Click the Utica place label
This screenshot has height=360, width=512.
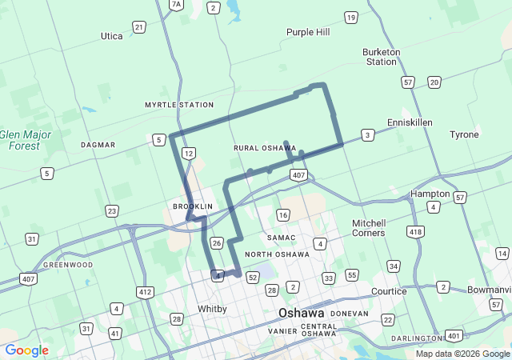pos(112,36)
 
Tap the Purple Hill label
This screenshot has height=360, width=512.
pos(308,32)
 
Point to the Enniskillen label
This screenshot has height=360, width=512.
pos(410,122)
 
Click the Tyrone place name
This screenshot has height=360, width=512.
pos(464,134)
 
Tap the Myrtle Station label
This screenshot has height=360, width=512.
pos(179,105)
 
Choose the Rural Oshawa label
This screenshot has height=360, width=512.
pos(265,148)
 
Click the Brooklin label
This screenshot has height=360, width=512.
pos(193,206)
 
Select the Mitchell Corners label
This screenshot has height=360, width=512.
pos(368,228)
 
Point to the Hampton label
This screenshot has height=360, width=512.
pos(430,194)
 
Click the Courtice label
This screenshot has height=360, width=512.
pos(389,291)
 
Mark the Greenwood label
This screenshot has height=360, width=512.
pos(68,265)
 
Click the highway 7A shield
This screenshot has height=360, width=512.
pos(177,5)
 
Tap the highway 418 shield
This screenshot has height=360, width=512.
pos(416,232)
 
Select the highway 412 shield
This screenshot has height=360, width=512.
pos(145,292)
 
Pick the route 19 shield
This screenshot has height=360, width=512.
pos(350,17)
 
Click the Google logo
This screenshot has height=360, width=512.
pos(26,350)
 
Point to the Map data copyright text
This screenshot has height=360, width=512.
pos(462,354)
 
